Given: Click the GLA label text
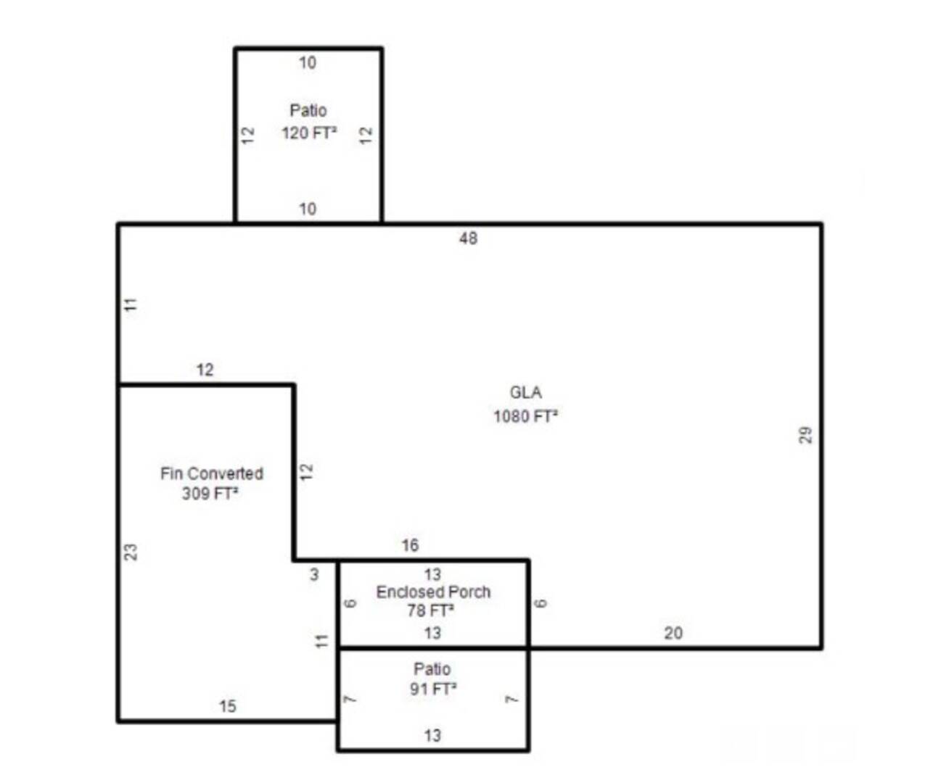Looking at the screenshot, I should (525, 393).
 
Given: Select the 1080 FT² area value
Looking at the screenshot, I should (525, 416).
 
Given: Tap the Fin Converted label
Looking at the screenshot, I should (212, 473).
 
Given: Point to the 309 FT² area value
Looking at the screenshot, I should (210, 494).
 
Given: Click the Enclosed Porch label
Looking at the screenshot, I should (433, 592).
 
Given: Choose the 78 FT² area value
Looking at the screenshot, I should (430, 610).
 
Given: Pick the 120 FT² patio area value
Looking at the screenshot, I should (309, 133).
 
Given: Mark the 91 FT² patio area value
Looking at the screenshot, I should (432, 689).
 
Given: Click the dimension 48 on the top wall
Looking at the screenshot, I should (468, 238).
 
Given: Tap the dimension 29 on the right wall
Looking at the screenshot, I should (805, 435).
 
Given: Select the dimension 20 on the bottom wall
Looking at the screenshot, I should (673, 633).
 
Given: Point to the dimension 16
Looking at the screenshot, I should (410, 545).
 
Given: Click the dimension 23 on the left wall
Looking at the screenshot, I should (131, 552).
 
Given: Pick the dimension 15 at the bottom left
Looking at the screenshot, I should (227, 706).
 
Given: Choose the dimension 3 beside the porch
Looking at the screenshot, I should (314, 575).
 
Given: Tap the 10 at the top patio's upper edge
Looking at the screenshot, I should (308, 63).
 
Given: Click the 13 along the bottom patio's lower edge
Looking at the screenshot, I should (432, 736).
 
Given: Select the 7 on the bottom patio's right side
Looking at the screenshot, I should (512, 700).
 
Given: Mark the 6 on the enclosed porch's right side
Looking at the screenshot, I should (541, 603).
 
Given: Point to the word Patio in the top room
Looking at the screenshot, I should (308, 110).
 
